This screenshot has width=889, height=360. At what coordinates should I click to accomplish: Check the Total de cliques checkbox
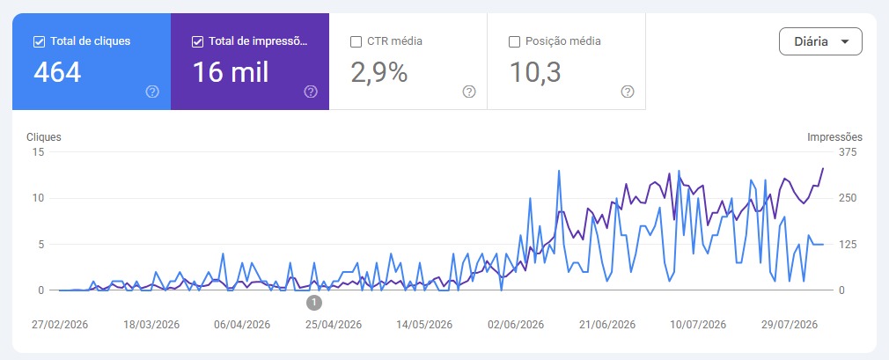tap(39, 41)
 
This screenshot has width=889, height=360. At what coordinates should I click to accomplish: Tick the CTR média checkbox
tap(356, 41)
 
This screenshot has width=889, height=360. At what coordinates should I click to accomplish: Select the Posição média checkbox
tap(514, 41)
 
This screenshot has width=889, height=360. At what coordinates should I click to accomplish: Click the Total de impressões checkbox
tap(197, 41)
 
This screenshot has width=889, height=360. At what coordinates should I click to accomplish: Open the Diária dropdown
tap(820, 41)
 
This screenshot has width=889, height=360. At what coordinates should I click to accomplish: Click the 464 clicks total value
tap(57, 72)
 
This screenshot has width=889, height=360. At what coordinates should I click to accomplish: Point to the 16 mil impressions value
tap(231, 72)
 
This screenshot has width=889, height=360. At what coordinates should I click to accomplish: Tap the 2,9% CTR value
tap(378, 72)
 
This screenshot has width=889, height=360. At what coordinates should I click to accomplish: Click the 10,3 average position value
tap(535, 72)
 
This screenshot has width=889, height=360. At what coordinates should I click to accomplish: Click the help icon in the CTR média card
tap(469, 92)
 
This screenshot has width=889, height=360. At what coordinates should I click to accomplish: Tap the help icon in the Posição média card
tap(627, 92)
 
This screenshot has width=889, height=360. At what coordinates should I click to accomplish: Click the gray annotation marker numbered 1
tap(314, 303)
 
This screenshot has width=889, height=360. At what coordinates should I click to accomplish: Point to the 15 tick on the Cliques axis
tap(39, 152)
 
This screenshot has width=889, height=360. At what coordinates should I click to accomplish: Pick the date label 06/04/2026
tap(242, 325)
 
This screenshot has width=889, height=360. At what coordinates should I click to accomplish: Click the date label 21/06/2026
tap(607, 325)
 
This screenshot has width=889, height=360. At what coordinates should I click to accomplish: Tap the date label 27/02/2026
tap(60, 325)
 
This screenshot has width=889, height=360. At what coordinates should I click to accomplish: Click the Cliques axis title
tap(44, 137)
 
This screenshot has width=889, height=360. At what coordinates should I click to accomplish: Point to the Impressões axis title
tap(834, 137)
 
